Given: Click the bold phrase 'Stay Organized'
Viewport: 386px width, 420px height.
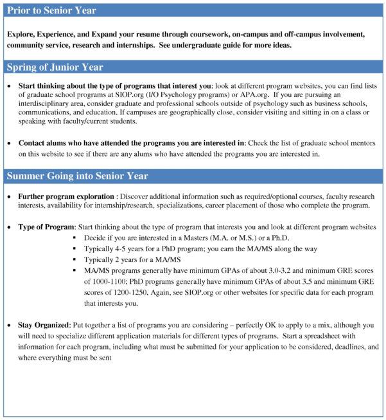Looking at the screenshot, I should point(47,326).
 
